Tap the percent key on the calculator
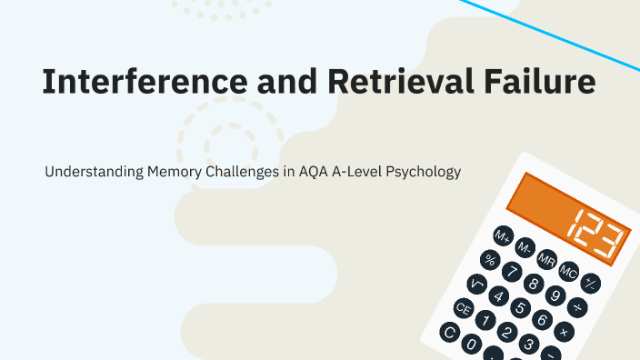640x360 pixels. tap(490, 260)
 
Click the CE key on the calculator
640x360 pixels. tap(464, 309)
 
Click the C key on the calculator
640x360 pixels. tap(448, 333)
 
